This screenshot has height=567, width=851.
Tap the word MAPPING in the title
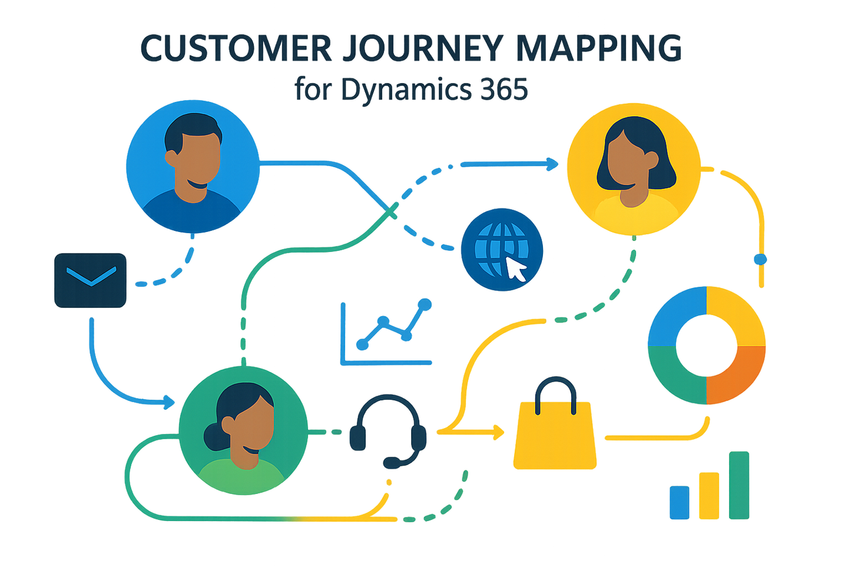point(598,48)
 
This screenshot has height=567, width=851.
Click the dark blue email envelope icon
point(90,280)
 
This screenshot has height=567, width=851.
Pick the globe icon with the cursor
point(501,249)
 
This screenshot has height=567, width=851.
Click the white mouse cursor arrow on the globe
point(515,269)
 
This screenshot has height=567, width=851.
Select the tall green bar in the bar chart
point(739,485)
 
